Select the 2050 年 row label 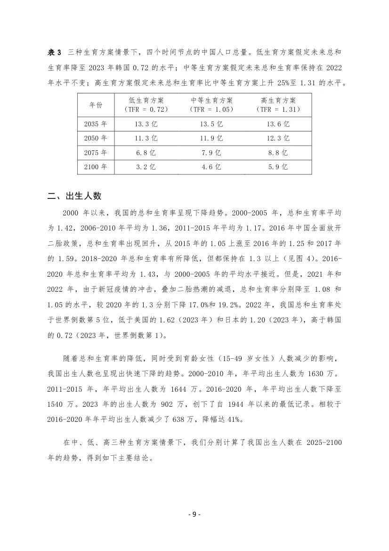(96, 139)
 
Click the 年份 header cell (96, 105)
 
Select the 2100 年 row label (96, 167)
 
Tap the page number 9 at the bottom (194, 514)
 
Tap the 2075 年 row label (96, 153)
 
